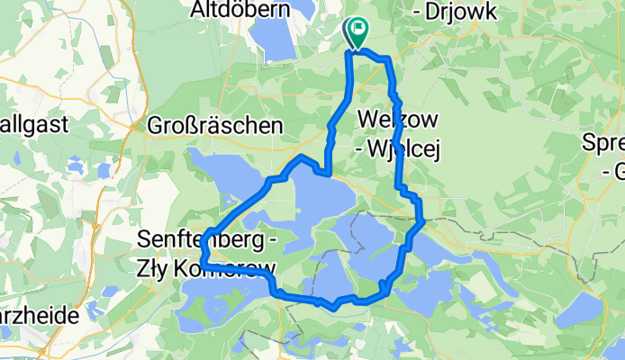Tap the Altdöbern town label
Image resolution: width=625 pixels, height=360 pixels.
238,10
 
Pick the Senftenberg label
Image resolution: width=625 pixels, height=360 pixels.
200,240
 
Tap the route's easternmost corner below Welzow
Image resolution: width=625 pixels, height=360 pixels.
421,220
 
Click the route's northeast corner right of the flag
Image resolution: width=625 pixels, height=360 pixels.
388,60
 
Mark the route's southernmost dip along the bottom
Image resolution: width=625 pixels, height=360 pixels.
334,307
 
